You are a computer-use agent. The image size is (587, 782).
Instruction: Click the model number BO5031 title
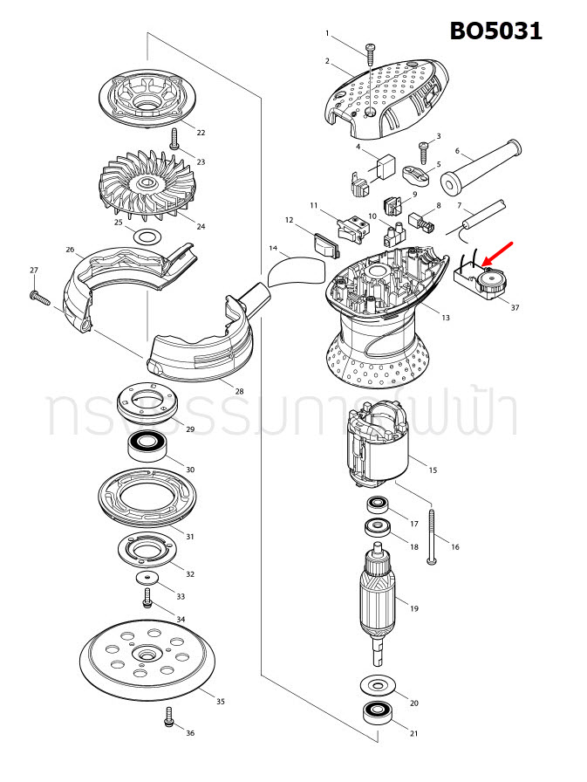pyautogui.click(x=495, y=31)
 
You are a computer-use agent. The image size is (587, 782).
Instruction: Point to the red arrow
pyautogui.click(x=501, y=254)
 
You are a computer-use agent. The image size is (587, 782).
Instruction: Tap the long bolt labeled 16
pyautogui.click(x=432, y=536)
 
